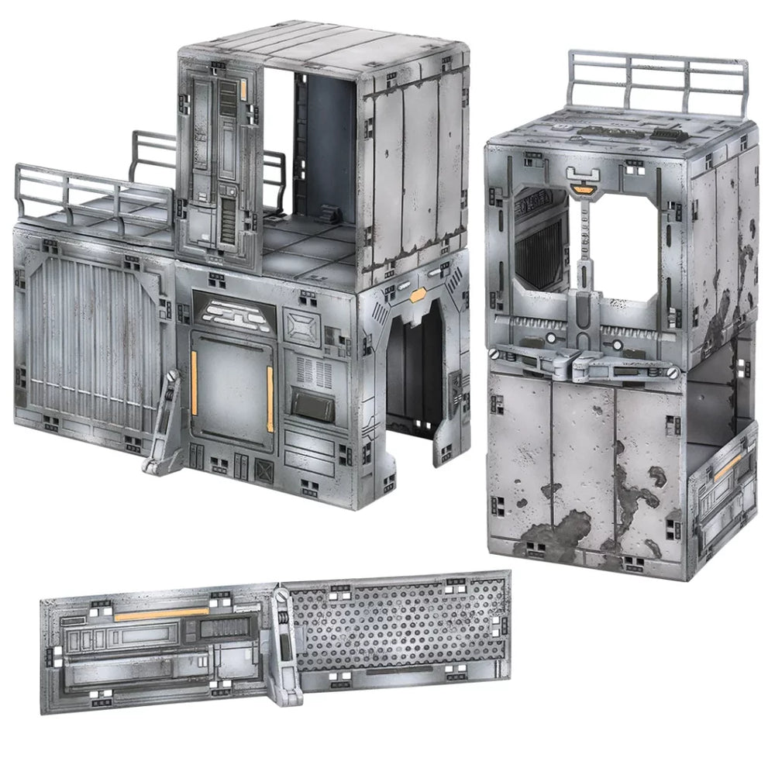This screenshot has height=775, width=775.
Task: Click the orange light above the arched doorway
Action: (x=419, y=294)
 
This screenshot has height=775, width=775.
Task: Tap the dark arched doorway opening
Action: (x=414, y=372)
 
